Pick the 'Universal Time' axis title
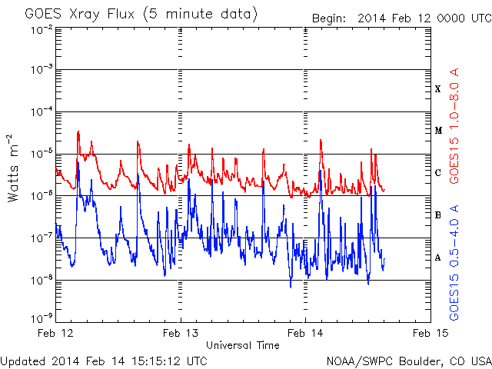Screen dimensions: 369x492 [x=243, y=345]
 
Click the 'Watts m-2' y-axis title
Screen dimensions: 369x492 [x=15, y=168]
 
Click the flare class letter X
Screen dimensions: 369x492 [x=438, y=89]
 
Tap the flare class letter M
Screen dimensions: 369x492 [x=438, y=131]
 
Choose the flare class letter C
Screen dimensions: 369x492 [x=438, y=173]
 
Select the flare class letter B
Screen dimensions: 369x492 [x=438, y=215]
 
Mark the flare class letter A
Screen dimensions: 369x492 [x=438, y=258]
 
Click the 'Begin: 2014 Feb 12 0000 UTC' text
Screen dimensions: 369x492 [x=401, y=18]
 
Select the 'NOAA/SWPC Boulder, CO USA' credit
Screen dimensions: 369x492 [x=408, y=360]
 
